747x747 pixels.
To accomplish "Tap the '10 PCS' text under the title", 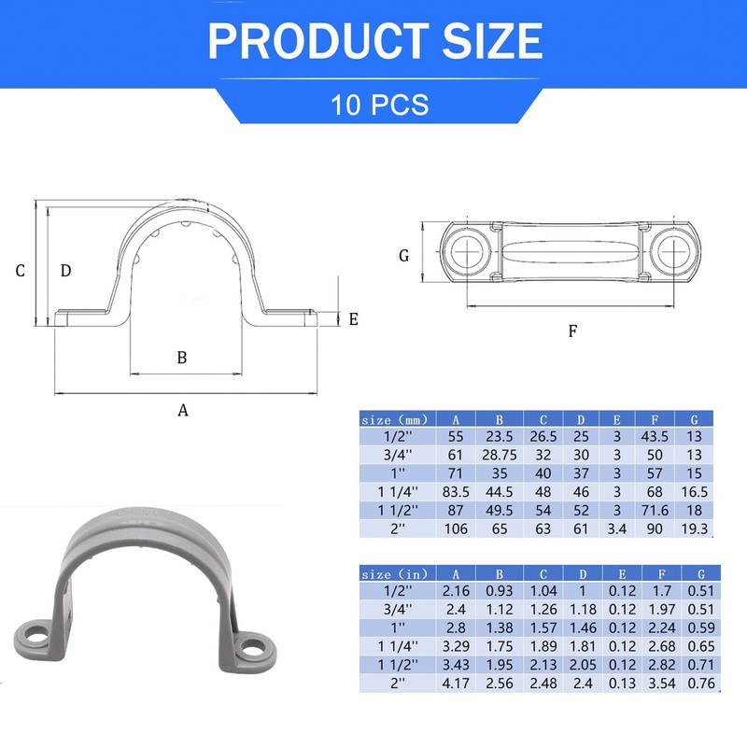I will pyautogui.click(x=379, y=104).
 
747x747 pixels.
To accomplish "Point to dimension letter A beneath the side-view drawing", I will pyautogui.click(x=183, y=410).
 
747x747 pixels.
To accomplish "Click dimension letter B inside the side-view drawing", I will pyautogui.click(x=183, y=357).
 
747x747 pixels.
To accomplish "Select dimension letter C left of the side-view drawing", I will pyautogui.click(x=20, y=271).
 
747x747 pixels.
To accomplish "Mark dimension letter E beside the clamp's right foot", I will pyautogui.click(x=353, y=319).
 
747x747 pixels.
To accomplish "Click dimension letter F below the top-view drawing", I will pyautogui.click(x=573, y=331).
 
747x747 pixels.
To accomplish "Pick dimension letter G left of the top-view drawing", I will pyautogui.click(x=403, y=255).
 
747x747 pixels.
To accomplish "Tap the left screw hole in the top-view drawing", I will pyautogui.click(x=466, y=250).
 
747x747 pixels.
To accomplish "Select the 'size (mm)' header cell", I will pyautogui.click(x=394, y=420).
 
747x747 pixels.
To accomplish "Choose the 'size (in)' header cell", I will pyautogui.click(x=394, y=574).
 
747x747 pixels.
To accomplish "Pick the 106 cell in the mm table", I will pyautogui.click(x=455, y=529).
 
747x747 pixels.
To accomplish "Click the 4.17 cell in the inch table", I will pyautogui.click(x=455, y=684).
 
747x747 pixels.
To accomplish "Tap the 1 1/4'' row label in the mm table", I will pyautogui.click(x=394, y=492).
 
